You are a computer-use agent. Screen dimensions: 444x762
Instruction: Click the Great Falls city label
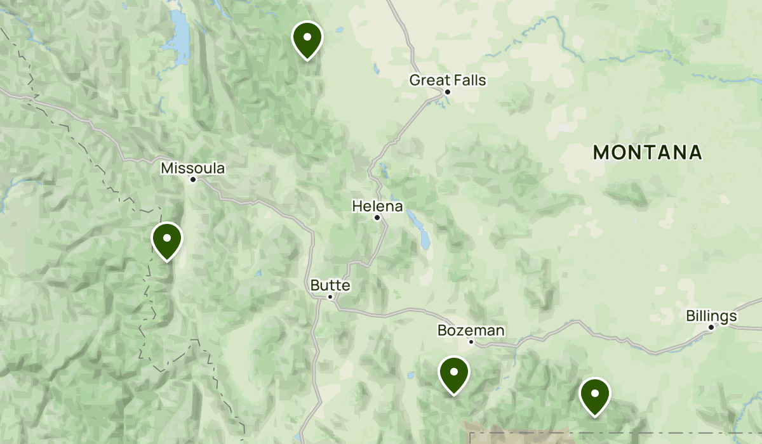447,80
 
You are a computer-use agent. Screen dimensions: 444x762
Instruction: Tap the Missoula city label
192,168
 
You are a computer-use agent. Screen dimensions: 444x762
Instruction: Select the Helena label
377,206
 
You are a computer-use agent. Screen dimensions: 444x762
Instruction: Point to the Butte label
330,285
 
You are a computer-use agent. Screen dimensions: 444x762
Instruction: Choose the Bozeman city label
471,330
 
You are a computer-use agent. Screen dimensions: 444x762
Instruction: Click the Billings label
711,316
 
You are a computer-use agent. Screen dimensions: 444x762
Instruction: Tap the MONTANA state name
647,152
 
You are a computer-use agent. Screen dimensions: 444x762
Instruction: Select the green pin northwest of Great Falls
307,38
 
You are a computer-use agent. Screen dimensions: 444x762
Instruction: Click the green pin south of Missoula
167,240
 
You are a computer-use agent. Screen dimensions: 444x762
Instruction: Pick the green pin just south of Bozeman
454,373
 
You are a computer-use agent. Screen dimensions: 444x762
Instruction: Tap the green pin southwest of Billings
595,394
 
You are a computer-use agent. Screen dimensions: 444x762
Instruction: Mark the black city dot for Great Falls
448,92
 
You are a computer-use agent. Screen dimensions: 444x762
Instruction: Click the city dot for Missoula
193,180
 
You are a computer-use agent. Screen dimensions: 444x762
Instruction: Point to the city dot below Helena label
377,218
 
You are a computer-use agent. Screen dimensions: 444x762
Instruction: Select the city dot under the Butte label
330,296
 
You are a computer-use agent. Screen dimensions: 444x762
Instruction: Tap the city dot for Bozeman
471,342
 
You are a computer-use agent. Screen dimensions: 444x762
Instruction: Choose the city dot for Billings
711,327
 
